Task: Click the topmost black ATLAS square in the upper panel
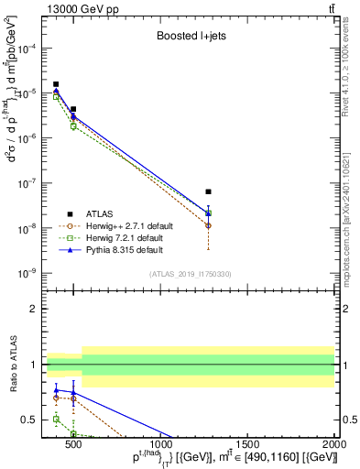click(56, 84)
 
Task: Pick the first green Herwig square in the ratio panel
click(56, 419)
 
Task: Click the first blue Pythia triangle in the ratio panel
click(56, 389)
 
